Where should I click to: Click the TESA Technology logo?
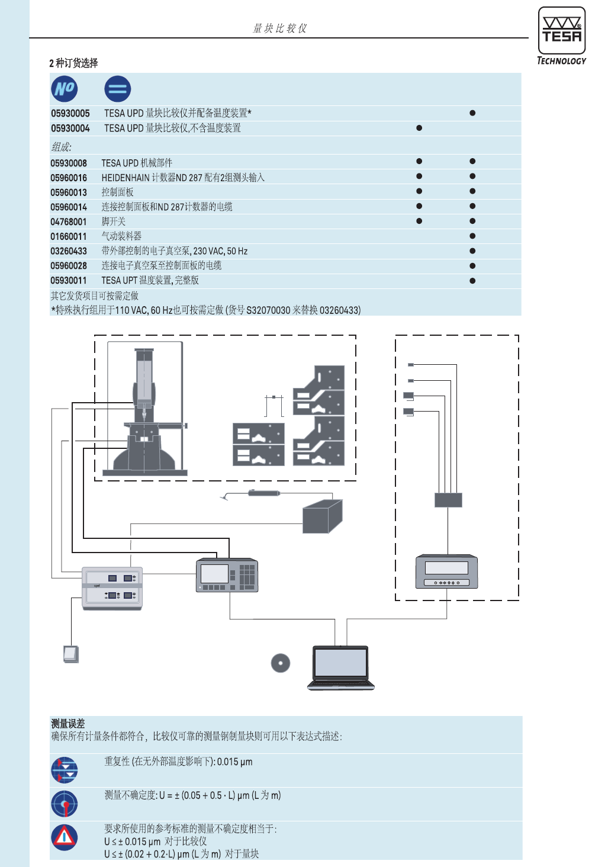[561, 36]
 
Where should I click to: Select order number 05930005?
[70, 113]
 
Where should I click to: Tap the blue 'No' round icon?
[65, 89]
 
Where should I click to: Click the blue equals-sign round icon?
[117, 89]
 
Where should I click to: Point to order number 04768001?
[69, 221]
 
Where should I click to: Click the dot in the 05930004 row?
[419, 128]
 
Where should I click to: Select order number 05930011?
[69, 281]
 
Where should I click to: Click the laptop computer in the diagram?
[341, 667]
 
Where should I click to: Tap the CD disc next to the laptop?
[281, 663]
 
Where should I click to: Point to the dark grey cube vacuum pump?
[322, 517]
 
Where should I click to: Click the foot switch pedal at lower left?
[70, 654]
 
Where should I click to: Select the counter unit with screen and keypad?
[227, 575]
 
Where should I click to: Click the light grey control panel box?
[112, 588]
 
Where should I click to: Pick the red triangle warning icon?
[65, 837]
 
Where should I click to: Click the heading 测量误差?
[68, 724]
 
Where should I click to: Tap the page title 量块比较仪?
[280, 28]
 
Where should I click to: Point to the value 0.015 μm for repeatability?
[235, 762]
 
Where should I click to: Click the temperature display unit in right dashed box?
[446, 571]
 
